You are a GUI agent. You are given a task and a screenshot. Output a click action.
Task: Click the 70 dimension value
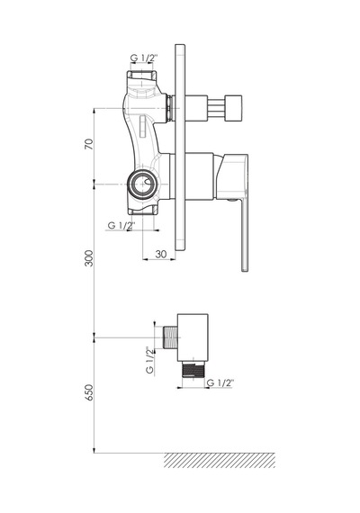[89, 144]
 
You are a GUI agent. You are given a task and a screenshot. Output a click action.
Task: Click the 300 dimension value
[89, 258]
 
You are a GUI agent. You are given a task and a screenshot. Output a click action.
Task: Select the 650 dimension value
[89, 392]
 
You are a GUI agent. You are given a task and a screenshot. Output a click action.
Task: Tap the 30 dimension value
[161, 254]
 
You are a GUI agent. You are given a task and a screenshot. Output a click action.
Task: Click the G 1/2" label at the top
[144, 58]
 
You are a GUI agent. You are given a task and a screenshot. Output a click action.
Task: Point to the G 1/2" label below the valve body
[121, 225]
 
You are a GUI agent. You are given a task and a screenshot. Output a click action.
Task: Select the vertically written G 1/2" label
[149, 360]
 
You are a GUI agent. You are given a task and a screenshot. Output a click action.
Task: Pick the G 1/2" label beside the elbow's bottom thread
[220, 382]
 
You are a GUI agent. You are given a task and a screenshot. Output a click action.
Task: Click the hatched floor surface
[220, 460]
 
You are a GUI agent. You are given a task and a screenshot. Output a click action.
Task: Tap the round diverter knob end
[234, 108]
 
